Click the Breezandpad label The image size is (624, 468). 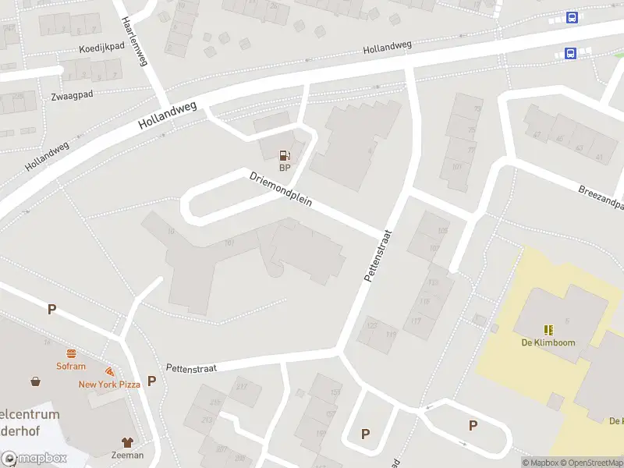(602, 198)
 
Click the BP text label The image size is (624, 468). (285, 166)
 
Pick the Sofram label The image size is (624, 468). (70, 365)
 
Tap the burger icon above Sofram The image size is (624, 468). (70, 353)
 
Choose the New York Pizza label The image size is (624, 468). (108, 384)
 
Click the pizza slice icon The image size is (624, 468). (109, 372)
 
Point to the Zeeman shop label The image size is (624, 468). (127, 455)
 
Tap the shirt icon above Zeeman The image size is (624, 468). (127, 442)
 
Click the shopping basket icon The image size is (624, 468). (36, 381)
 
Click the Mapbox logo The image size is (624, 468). (34, 459)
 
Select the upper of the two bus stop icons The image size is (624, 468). (572, 18)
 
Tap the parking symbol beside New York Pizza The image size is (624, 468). (152, 381)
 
